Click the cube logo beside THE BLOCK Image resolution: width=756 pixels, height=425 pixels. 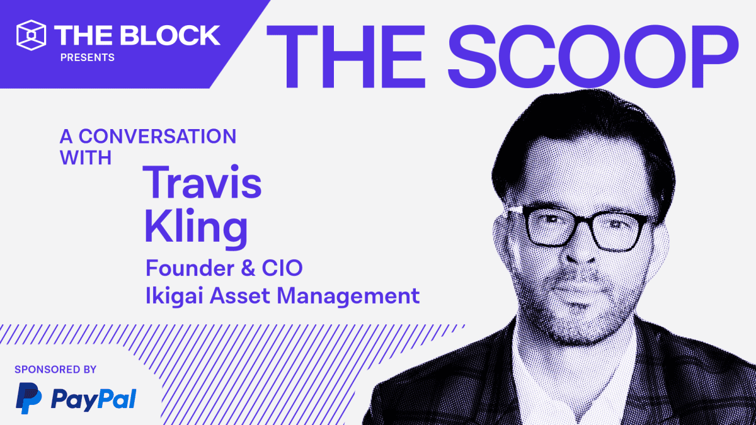coord(31,35)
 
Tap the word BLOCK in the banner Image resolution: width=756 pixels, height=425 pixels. coord(170,35)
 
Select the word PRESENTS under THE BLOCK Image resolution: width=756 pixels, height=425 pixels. coord(88,58)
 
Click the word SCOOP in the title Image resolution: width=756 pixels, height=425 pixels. coord(593,56)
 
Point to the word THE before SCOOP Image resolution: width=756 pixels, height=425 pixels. coord(345,56)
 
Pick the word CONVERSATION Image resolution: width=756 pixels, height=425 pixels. coord(157,136)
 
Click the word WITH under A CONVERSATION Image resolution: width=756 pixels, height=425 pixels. coord(86,157)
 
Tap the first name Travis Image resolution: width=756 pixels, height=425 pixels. coord(202,182)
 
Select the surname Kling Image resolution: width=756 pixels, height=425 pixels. coord(196,228)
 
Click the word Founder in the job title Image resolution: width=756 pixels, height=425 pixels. coord(190,268)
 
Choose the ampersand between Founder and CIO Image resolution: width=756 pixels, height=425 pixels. coord(248,268)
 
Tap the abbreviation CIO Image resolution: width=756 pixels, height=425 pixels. coord(282,268)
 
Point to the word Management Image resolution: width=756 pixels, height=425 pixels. coord(348,297)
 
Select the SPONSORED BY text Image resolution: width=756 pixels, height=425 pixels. coord(55,370)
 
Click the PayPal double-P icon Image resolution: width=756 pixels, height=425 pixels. coord(29,398)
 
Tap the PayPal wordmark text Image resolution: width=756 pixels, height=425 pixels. coord(93,400)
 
